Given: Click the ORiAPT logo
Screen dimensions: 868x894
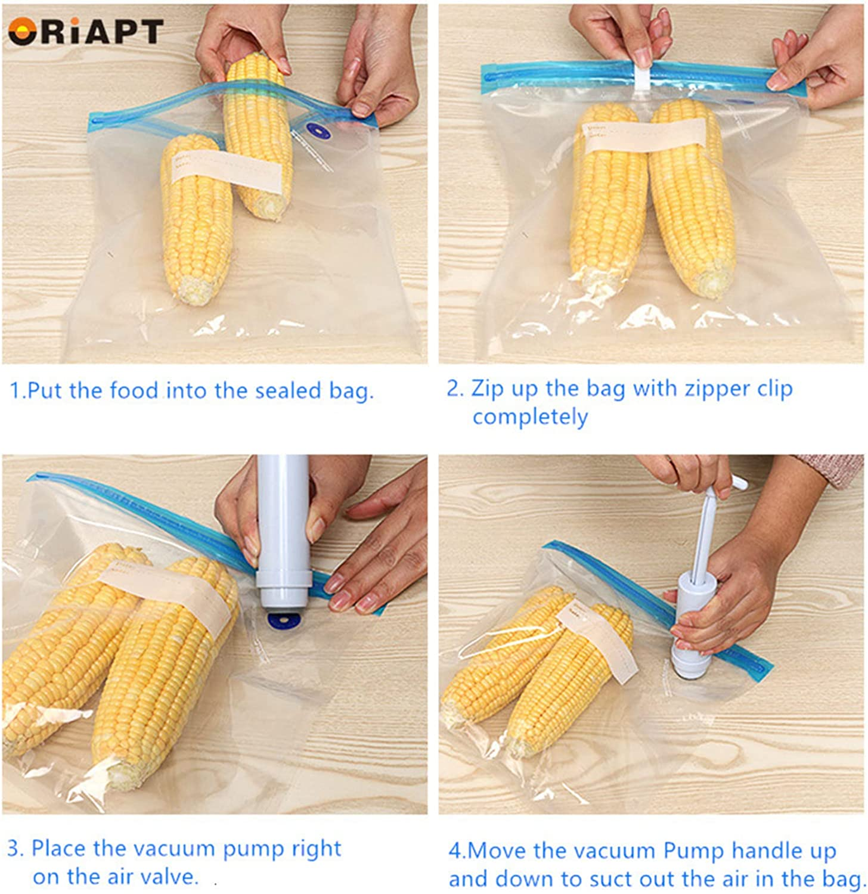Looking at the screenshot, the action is point(85,31).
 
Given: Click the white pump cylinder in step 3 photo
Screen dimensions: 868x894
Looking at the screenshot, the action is point(283,530).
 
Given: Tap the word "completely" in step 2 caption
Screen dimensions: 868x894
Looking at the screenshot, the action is point(530,417).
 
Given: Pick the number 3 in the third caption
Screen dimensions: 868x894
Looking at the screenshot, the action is point(13,849).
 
